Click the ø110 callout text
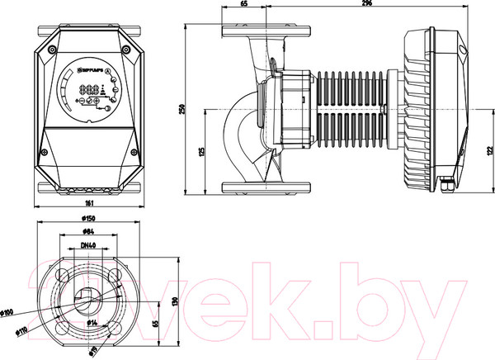tap(22, 330)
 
